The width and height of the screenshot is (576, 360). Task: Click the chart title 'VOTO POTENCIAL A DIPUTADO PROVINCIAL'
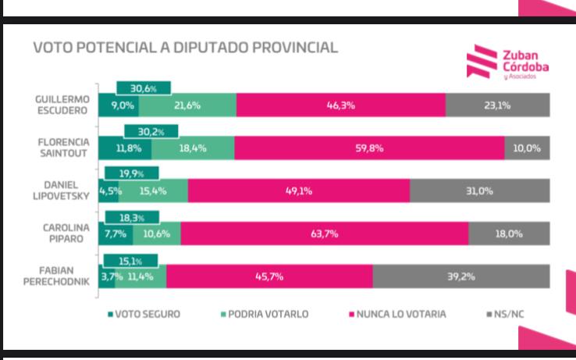185,48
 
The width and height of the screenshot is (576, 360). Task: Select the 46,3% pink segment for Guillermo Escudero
340,105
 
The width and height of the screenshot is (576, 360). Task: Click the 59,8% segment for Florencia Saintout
369,148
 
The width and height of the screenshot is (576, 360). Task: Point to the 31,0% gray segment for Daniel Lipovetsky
479,191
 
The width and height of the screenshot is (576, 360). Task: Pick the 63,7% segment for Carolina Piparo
325,233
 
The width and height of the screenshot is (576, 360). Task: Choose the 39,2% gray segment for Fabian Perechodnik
461,276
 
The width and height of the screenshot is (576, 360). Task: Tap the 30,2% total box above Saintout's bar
151,131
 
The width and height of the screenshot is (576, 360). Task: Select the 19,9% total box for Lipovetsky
130,173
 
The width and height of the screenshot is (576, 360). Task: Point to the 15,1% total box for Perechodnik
130,261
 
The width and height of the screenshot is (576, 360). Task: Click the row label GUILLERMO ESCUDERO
62,105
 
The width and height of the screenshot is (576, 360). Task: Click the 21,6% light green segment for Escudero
187,105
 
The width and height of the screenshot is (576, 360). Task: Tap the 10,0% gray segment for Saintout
527,148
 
